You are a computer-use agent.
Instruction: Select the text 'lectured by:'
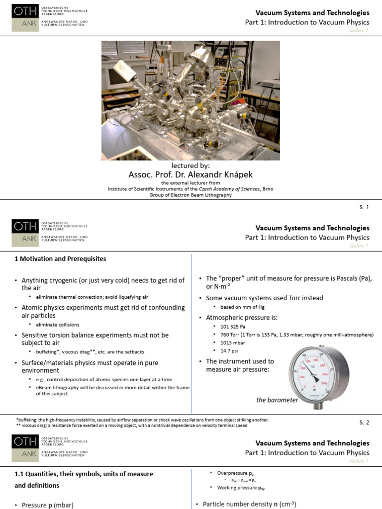pos(191,166)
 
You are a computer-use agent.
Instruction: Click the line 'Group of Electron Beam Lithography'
pos(191,195)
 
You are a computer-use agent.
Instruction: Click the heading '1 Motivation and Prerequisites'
pos(60,259)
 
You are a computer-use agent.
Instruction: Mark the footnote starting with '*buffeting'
pos(142,420)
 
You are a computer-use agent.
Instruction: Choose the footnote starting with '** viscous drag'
pos(132,425)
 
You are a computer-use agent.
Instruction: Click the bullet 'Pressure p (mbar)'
pos(47,505)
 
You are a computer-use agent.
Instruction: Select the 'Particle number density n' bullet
pos(249,504)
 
